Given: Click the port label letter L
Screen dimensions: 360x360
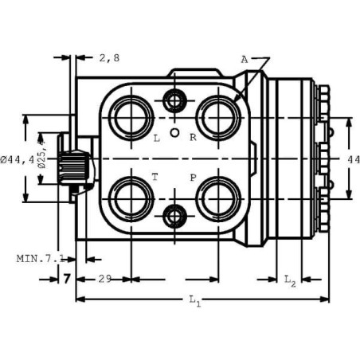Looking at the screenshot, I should pos(157,138).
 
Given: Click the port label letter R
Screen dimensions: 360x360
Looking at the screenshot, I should pos(194,138).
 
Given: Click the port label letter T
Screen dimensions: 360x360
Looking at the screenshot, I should pos(156,177).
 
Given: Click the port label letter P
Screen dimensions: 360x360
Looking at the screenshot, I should pos(194,177).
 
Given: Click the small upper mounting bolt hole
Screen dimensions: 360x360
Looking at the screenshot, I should pos(174,100).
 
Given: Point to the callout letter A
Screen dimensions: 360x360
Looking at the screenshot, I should pos(245,60).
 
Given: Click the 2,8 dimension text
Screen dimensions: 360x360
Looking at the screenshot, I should pos(110,57).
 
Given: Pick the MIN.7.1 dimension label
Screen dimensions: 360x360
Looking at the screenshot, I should pos(40,258).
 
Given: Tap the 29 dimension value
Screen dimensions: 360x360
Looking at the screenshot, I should pos(104,279).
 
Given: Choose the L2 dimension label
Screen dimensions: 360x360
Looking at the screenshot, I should pos(290,280).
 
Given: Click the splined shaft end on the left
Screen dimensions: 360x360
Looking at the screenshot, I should pos(77,167).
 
